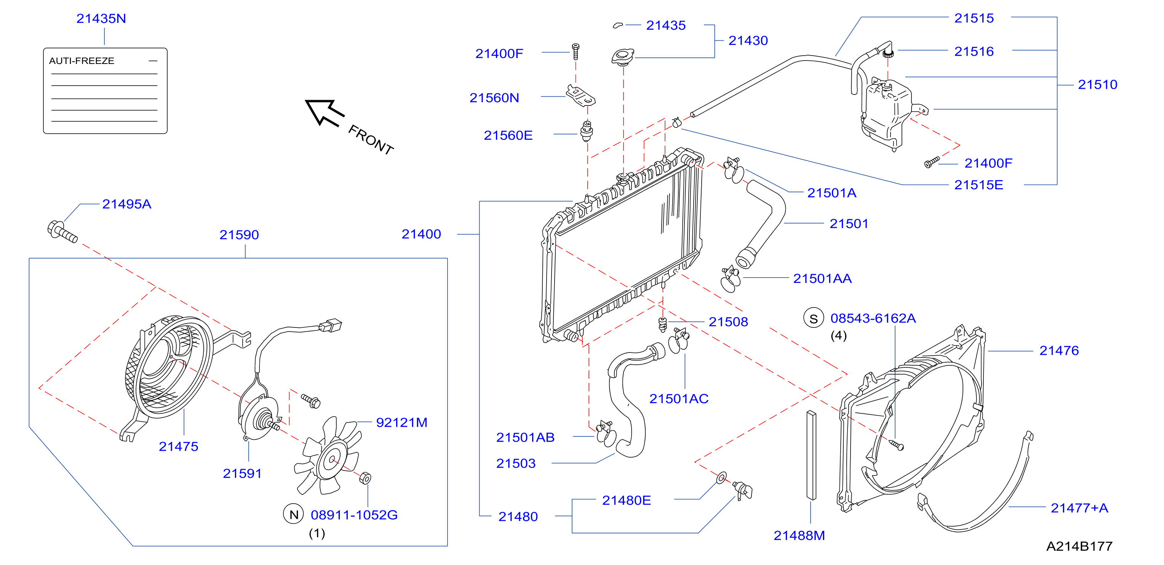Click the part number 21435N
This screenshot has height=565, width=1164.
(x=101, y=19)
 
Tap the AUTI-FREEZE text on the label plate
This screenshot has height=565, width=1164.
(x=82, y=61)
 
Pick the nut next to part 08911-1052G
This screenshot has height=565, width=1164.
(x=365, y=478)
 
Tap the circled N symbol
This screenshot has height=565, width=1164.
(x=294, y=514)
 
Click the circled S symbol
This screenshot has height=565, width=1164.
(x=813, y=318)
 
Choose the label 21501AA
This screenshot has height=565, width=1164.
(x=822, y=279)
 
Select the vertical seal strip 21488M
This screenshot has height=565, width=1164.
(x=811, y=455)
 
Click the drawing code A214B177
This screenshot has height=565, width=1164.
(x=1079, y=546)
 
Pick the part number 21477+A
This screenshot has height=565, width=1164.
(x=1079, y=508)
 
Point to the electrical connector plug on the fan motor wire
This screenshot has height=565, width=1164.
(x=331, y=325)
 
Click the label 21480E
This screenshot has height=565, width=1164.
(x=626, y=500)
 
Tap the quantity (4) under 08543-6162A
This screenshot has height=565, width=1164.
(x=839, y=335)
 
